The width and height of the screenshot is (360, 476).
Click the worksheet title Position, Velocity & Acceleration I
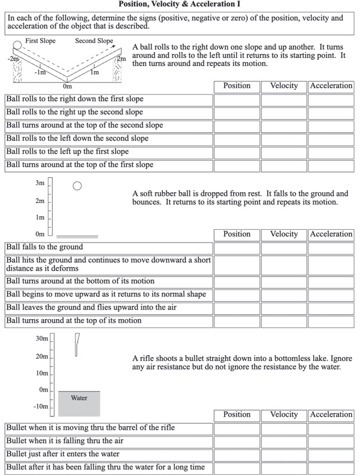tap(180, 4)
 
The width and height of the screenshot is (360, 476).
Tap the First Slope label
tap(40, 41)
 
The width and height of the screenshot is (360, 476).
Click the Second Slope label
tap(93, 41)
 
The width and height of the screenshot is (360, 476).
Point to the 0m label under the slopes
tap(67, 86)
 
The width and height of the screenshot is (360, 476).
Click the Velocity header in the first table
tap(284, 86)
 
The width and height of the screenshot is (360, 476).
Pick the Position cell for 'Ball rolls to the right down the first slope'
tap(237, 99)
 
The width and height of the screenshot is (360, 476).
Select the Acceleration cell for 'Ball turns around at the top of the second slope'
tap(331, 126)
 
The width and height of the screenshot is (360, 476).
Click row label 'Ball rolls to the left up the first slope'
tap(68, 152)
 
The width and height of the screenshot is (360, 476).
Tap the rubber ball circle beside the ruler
tap(77, 186)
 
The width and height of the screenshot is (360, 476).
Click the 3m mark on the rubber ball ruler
tap(40, 183)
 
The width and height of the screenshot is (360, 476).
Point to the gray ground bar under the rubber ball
tap(77, 237)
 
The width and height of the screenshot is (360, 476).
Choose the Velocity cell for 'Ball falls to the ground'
tap(284, 247)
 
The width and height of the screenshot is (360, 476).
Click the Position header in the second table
tap(237, 234)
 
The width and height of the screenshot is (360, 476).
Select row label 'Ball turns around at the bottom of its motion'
tap(80, 281)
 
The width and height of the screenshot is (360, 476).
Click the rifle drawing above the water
tap(77, 345)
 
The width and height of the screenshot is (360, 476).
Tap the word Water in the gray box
tap(79, 398)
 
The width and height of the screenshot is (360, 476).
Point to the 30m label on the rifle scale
tap(41, 339)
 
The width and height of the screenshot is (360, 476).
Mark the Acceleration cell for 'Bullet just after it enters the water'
tap(331, 455)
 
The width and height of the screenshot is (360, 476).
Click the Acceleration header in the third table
tap(331, 415)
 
